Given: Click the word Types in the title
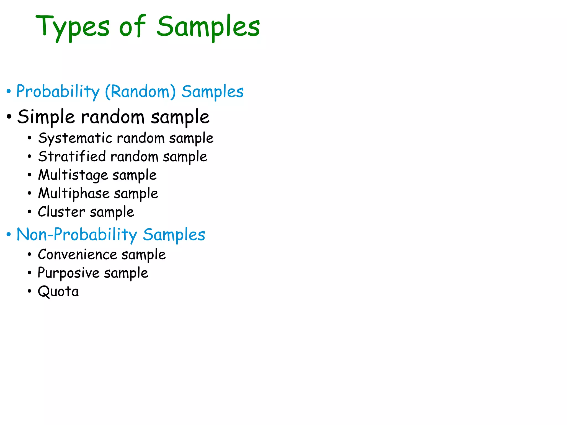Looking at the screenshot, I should (x=73, y=27).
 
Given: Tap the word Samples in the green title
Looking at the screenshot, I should (x=208, y=27).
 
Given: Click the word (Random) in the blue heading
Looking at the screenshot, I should (x=140, y=92).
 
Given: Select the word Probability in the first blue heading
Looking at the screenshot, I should (x=58, y=92).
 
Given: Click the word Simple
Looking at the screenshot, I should (x=46, y=117).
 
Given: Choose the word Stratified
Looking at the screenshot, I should (x=72, y=157).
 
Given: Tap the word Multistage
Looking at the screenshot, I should (x=73, y=175).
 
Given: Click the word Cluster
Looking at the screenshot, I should (x=61, y=212).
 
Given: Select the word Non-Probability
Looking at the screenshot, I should (x=77, y=235).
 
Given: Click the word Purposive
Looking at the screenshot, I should (x=68, y=273).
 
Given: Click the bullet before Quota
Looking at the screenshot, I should (x=29, y=291).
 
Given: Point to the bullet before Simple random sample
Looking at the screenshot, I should (x=9, y=117).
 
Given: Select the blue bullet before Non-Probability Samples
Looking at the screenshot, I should (x=9, y=235).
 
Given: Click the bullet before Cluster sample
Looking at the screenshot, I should (x=29, y=212).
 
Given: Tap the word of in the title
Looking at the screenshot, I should (x=132, y=27).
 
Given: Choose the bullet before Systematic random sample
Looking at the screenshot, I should (x=29, y=138).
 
